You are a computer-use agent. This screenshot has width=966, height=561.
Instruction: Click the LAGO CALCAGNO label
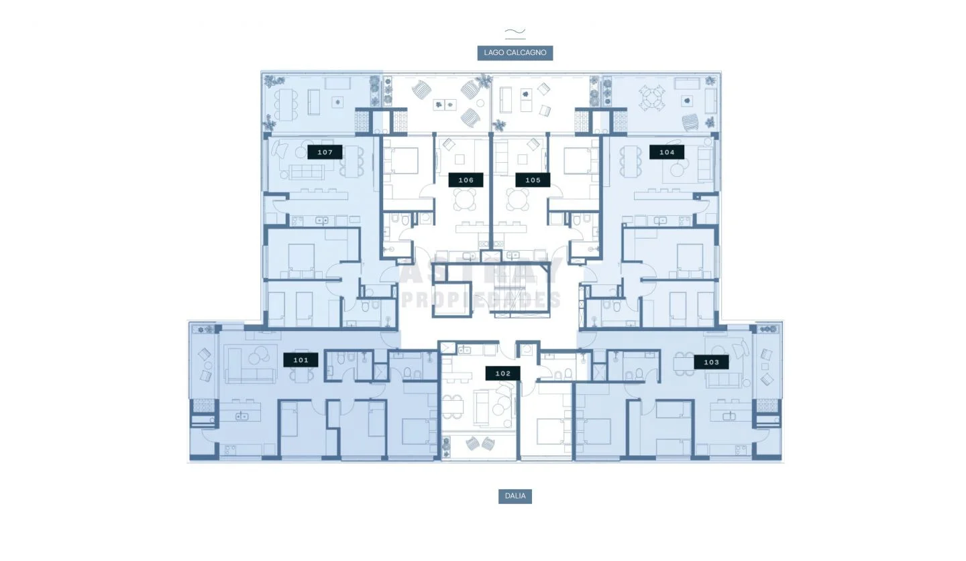pyautogui.click(x=515, y=52)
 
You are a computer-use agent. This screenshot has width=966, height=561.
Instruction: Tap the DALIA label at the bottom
pyautogui.click(x=515, y=496)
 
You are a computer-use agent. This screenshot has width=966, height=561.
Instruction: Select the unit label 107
pyautogui.click(x=325, y=152)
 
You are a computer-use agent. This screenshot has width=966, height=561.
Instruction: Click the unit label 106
pyautogui.click(x=466, y=180)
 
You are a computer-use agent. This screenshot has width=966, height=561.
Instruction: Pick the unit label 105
pyautogui.click(x=533, y=180)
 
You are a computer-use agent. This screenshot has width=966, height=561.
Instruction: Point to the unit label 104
pyautogui.click(x=667, y=152)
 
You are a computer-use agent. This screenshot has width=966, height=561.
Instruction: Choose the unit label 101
pyautogui.click(x=301, y=360)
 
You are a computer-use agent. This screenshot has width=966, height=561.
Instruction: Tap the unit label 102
pyautogui.click(x=503, y=373)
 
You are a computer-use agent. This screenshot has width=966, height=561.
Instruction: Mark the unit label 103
pyautogui.click(x=711, y=363)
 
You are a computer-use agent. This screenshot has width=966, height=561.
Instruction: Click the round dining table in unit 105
pyautogui.click(x=517, y=199)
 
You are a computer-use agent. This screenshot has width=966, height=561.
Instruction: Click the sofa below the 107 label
pyautogui.click(x=307, y=172)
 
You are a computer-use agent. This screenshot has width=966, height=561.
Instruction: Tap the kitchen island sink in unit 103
pyautogui.click(x=729, y=416)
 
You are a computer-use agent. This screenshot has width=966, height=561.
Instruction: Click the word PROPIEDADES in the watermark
pyautogui.click(x=481, y=300)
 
